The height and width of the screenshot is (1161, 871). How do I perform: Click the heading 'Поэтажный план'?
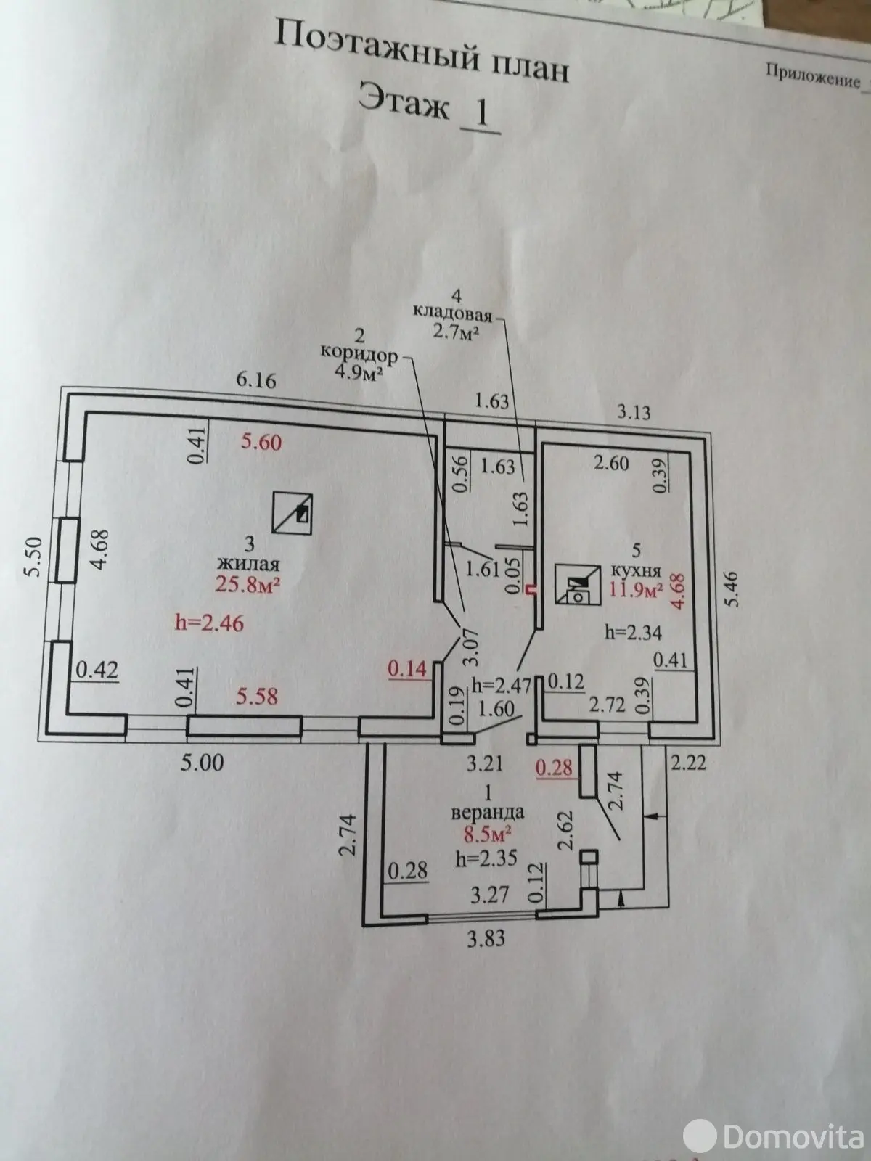point(422,52)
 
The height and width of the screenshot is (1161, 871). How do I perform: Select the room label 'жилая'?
point(248,564)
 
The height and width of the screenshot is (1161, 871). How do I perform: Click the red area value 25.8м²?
point(248,584)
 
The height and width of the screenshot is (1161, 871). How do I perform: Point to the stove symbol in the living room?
point(293,513)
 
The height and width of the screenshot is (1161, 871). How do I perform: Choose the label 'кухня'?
point(637,571)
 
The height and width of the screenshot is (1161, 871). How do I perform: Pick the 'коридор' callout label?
point(359,354)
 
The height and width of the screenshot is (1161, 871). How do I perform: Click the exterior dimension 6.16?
point(256,380)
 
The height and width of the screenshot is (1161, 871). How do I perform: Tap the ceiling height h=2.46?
point(210,623)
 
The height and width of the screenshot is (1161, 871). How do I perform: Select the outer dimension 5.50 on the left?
point(33,557)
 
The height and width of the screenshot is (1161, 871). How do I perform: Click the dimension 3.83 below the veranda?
point(486,939)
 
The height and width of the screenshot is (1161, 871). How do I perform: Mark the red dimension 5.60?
point(261,442)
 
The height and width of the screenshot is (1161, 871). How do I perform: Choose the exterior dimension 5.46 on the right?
point(732,588)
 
